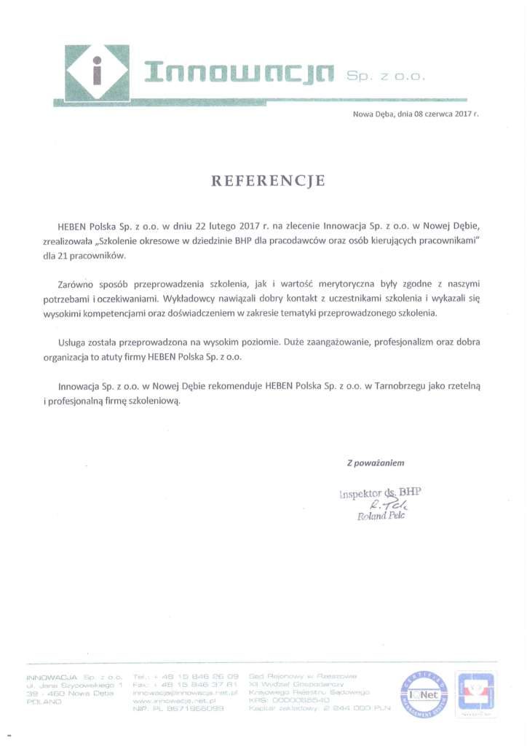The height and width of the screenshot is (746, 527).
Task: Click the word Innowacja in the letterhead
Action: [x=239, y=73]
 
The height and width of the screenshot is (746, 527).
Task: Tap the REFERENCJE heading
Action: [x=268, y=181]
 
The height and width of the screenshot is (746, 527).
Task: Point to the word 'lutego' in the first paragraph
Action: [x=221, y=227]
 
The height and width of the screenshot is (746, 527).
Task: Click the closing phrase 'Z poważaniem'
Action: [x=375, y=463]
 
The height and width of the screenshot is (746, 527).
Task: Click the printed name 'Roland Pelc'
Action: [x=381, y=517]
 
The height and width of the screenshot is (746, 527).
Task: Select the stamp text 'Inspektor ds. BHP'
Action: [x=380, y=493]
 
